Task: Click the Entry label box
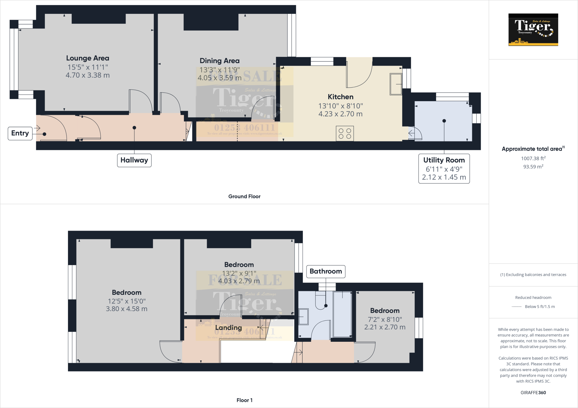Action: tap(20, 133)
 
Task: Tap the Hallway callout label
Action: tap(134, 160)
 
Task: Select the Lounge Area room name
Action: tap(87, 58)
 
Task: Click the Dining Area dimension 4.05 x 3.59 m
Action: tap(219, 78)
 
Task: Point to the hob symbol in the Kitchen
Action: tap(345, 134)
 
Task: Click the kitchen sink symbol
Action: tap(396, 84)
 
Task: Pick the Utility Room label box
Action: tap(444, 168)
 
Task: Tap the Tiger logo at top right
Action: tap(533, 30)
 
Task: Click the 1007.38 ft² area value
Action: tap(533, 158)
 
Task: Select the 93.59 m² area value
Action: tap(533, 167)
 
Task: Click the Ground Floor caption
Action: tap(244, 196)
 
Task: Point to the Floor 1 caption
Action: tap(244, 400)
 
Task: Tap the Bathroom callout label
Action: tap(326, 271)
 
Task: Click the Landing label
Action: tap(228, 328)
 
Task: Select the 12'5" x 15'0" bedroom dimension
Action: tap(126, 301)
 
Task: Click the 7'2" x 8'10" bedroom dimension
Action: tap(385, 319)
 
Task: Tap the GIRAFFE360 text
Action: tap(533, 393)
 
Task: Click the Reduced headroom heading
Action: tap(533, 298)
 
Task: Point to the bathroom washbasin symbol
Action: tap(303, 317)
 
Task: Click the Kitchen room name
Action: tap(340, 97)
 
